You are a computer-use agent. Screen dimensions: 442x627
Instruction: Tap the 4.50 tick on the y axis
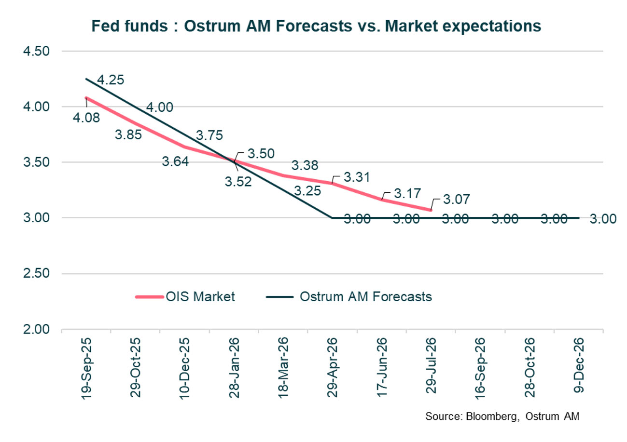click(x=37, y=51)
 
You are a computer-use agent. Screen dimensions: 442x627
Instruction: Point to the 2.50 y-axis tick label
click(x=37, y=273)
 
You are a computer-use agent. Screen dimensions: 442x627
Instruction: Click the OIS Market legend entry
click(x=185, y=296)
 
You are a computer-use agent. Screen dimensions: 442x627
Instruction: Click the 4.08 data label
click(x=86, y=117)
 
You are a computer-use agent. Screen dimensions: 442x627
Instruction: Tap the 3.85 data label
click(x=128, y=135)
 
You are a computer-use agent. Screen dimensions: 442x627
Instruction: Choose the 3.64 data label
click(x=175, y=161)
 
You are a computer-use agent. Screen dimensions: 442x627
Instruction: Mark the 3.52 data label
click(x=238, y=182)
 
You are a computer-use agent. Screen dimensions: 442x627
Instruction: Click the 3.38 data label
click(x=305, y=166)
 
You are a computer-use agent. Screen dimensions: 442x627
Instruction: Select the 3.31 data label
click(x=357, y=177)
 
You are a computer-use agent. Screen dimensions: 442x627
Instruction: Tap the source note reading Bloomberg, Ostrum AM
click(x=502, y=415)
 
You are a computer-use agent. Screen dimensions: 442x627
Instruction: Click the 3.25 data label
click(x=307, y=190)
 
